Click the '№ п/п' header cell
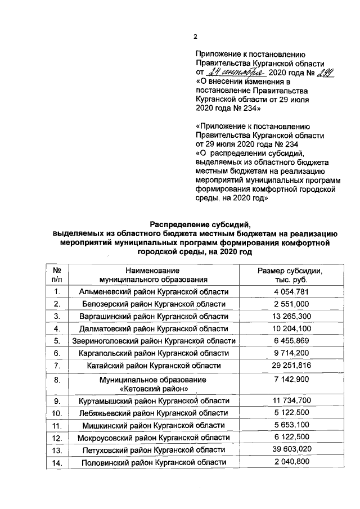[57, 274]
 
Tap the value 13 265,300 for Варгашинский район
[290, 316]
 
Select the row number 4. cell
[57, 328]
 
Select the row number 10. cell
[57, 413]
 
